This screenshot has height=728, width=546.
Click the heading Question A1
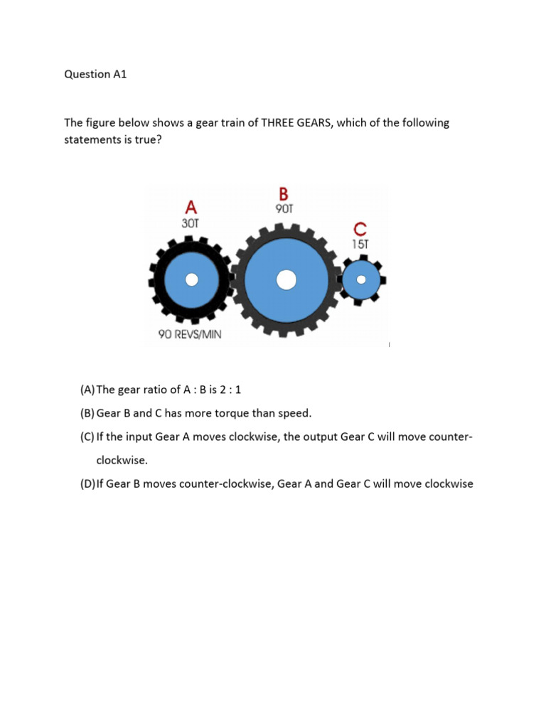[x=95, y=74]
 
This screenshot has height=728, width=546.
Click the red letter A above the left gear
[x=191, y=207]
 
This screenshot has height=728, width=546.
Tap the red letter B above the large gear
[x=284, y=194]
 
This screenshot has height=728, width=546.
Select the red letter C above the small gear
[x=360, y=230]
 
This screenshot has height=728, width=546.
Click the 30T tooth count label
[x=191, y=223]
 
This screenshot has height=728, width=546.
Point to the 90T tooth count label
[x=284, y=209]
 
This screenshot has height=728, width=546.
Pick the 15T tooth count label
[x=360, y=244]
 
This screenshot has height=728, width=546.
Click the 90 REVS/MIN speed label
[x=189, y=334]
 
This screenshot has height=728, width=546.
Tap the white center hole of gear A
[x=191, y=280]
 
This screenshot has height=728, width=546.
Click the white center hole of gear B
[x=286, y=280]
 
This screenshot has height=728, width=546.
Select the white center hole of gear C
[x=361, y=279]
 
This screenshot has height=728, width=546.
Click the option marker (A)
[x=87, y=389]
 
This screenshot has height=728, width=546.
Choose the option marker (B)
[x=87, y=413]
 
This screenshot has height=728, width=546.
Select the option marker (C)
[x=87, y=437]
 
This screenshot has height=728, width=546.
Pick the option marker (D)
[x=87, y=484]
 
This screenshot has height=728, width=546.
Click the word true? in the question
[x=138, y=139]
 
